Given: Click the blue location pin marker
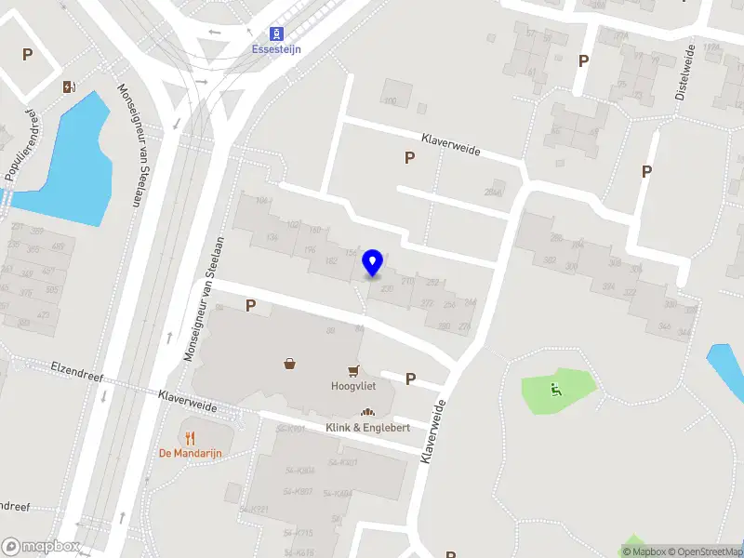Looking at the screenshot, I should coord(373,263).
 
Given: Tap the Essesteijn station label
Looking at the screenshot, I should coord(276,49).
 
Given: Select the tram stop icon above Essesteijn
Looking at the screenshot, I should coord(275,33).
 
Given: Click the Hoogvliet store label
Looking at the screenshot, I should coord(352,385).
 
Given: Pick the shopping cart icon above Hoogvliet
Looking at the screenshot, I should coord(353,369).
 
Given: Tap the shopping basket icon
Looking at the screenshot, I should coord(291,364).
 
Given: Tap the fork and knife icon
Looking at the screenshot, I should coord(191,436).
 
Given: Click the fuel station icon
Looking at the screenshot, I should coord(69,87).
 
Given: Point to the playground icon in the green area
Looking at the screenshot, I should coord(556,391).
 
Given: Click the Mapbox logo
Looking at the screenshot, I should coord(41,547).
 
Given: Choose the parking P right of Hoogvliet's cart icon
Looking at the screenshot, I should coord(410,379).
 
